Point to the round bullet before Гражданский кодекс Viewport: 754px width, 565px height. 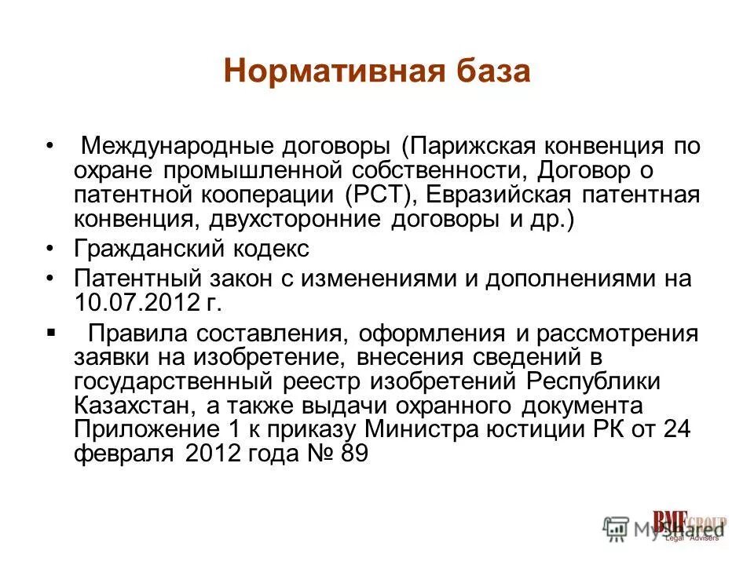(51, 250)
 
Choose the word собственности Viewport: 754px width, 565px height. (459, 171)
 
